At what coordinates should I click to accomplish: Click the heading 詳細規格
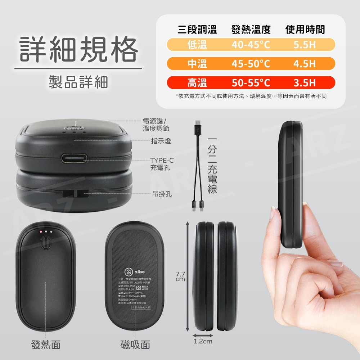[x=78, y=50]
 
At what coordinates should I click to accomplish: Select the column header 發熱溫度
[x=251, y=30]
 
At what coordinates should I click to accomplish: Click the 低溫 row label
[x=197, y=45]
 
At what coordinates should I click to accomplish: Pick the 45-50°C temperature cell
[x=251, y=64]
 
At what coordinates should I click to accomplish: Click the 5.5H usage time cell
[x=305, y=45]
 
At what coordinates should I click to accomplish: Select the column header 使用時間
[x=305, y=30]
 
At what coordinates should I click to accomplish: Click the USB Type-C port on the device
[x=74, y=158]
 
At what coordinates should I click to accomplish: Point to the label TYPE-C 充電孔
[x=162, y=164]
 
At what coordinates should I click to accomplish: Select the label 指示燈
[x=161, y=141]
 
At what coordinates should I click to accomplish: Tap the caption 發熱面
[x=46, y=345]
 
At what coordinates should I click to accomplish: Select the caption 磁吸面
[x=135, y=345]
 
